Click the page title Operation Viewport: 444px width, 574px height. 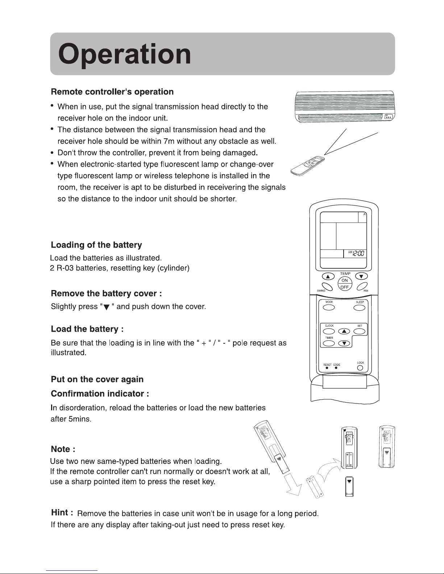point(124,55)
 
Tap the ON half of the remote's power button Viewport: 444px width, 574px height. point(345,280)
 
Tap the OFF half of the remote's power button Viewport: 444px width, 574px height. point(345,287)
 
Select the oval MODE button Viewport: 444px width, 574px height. point(329,307)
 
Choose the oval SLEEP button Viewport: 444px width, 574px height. point(360,308)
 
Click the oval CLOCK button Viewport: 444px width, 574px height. point(329,331)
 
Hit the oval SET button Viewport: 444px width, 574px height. point(360,331)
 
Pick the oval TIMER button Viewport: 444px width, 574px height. point(329,343)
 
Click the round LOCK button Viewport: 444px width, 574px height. point(360,368)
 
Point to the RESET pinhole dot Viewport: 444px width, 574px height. point(327,368)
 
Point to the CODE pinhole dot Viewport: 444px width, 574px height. point(336,368)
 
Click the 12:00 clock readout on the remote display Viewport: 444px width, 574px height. point(358,254)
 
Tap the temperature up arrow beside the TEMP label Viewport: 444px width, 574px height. point(328,277)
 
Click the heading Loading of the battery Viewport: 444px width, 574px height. point(96,245)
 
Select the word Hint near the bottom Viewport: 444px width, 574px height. point(60,512)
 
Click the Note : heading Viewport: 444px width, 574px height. point(63,449)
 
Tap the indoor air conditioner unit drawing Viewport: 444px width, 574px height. point(345,107)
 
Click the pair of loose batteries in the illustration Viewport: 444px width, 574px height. point(315,487)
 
